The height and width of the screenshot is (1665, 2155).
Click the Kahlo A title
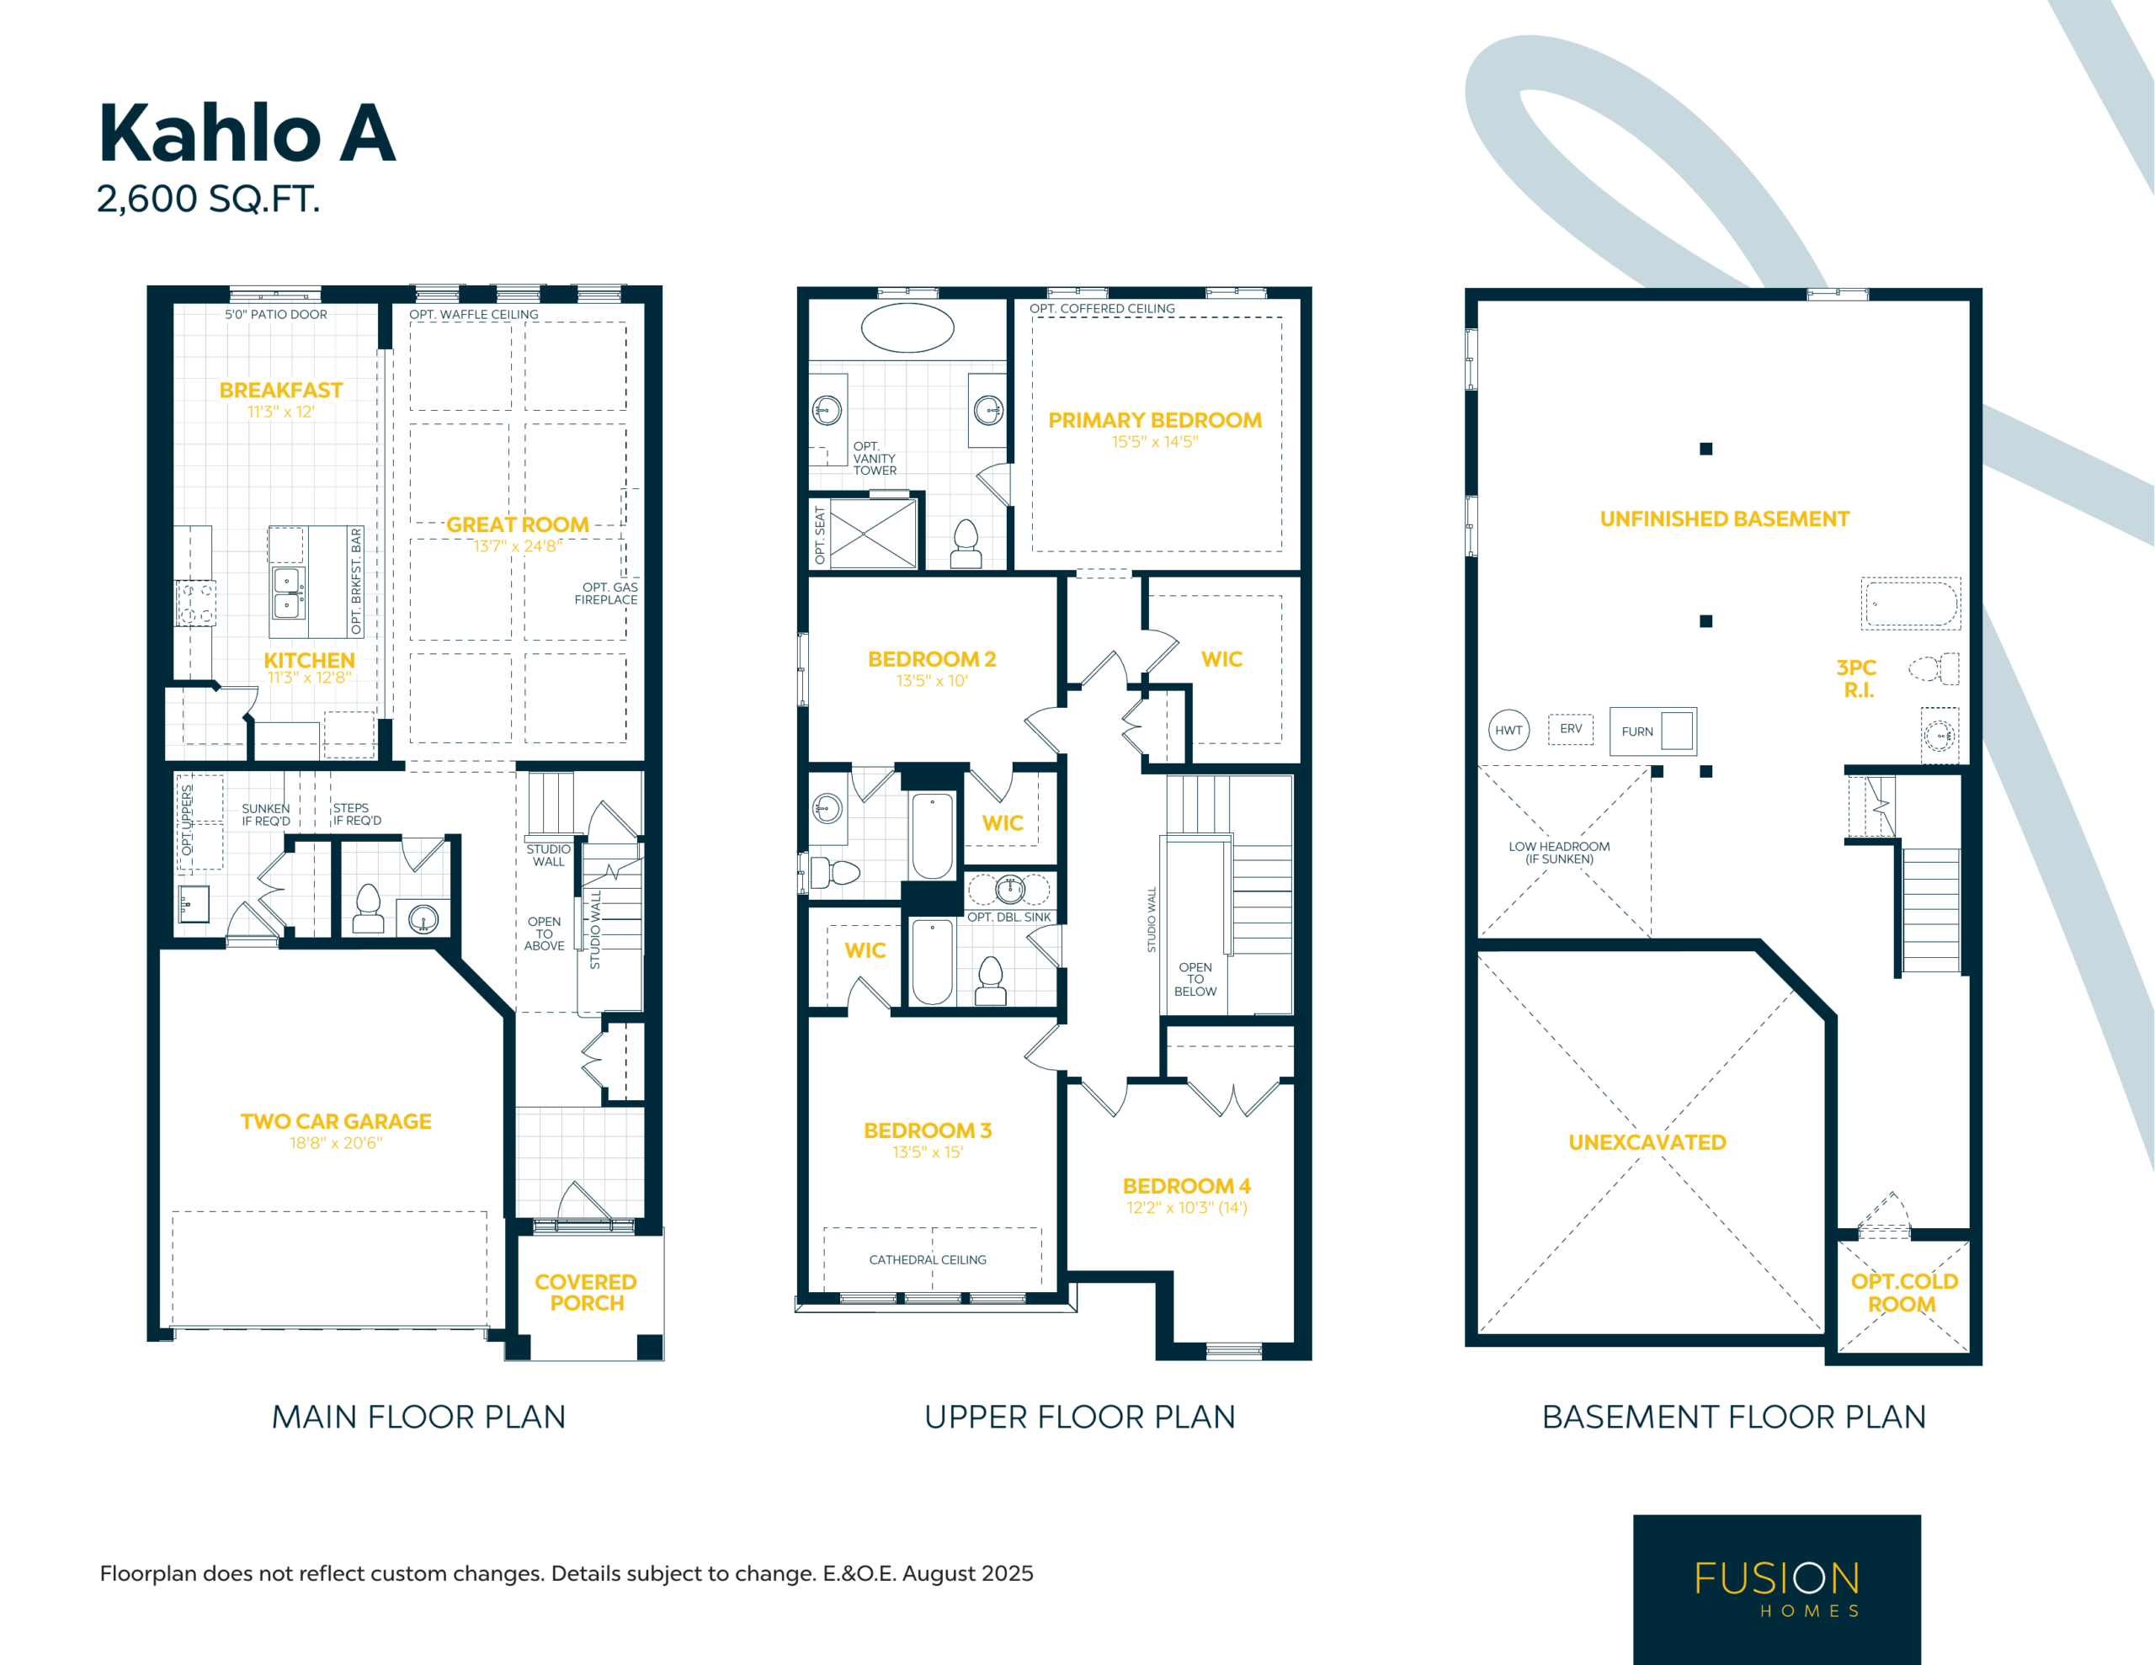point(247,133)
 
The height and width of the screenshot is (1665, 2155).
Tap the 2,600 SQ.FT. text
point(208,199)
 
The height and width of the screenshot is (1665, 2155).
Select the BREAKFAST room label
point(281,390)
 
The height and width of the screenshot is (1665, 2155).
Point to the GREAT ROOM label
point(517,525)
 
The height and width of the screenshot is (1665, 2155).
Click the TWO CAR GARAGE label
point(336,1121)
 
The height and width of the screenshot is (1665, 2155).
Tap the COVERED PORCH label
point(586,1292)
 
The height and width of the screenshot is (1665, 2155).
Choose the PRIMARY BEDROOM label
point(1154,420)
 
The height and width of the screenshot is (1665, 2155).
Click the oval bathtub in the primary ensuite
point(907,327)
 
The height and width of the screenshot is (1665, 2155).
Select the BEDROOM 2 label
point(932,659)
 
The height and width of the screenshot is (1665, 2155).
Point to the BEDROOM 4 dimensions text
point(1187,1207)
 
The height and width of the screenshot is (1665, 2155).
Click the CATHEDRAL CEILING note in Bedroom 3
point(928,1259)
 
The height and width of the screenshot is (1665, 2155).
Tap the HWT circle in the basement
point(1508,731)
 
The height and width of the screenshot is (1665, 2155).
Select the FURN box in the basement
point(1652,731)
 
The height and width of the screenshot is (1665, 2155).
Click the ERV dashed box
point(1571,729)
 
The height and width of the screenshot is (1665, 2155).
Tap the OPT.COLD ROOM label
point(1903,1293)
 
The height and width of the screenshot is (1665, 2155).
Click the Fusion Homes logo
point(1776,1588)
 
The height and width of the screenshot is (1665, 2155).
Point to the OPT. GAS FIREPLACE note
point(607,593)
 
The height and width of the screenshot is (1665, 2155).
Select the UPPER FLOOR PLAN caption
point(1079,1418)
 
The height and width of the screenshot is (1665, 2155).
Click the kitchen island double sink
point(288,592)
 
